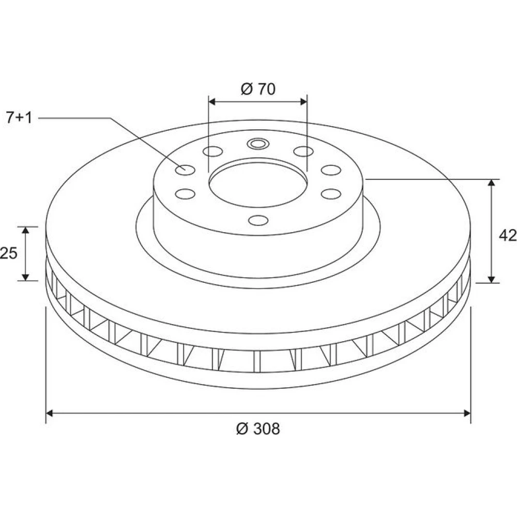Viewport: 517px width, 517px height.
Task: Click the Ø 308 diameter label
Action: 258,429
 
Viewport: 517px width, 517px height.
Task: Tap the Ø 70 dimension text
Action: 258,89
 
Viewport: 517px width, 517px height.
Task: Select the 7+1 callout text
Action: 20,118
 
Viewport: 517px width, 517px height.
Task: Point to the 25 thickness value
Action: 8,253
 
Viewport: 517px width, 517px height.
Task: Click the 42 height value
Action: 508,235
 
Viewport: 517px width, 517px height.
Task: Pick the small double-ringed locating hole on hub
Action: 258,144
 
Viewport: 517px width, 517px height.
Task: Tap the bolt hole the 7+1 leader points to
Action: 185,170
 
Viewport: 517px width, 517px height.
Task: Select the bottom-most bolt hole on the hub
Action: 258,220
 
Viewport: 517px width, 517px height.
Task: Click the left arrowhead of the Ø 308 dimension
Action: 50,413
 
